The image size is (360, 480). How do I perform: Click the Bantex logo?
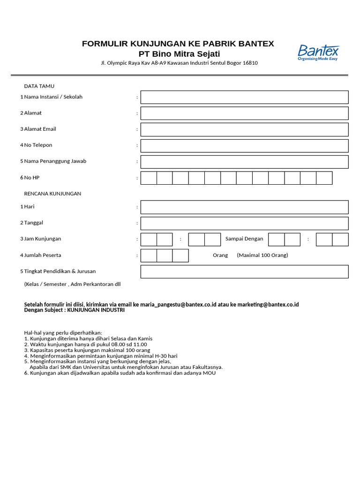pyautogui.click(x=318, y=52)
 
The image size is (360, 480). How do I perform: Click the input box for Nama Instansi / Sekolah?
pyautogui.click(x=244, y=97)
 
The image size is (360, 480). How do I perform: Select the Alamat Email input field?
pyautogui.click(x=244, y=129)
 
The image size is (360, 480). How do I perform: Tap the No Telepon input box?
pyautogui.click(x=244, y=146)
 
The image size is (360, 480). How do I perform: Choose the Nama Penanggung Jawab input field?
pyautogui.click(x=244, y=162)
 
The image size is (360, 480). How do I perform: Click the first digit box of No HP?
pyautogui.click(x=149, y=178)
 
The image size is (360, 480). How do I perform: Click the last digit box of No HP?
pyautogui.click(x=324, y=178)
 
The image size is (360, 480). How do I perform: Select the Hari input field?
pyautogui.click(x=244, y=207)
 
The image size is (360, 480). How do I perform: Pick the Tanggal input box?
pyautogui.click(x=244, y=223)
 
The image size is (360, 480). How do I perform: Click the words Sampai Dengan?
pyautogui.click(x=244, y=239)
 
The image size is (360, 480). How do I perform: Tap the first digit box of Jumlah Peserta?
pyautogui.click(x=149, y=255)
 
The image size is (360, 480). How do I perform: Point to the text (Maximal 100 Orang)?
pyautogui.click(x=262, y=255)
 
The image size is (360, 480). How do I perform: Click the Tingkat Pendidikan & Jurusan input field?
pyautogui.click(x=244, y=271)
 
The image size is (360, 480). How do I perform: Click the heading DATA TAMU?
pyautogui.click(x=39, y=86)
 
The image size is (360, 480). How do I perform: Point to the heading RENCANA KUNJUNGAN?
pyautogui.click(x=52, y=194)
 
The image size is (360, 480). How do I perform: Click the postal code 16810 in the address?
pyautogui.click(x=250, y=63)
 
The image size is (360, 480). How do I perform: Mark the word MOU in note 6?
pyautogui.click(x=210, y=373)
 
